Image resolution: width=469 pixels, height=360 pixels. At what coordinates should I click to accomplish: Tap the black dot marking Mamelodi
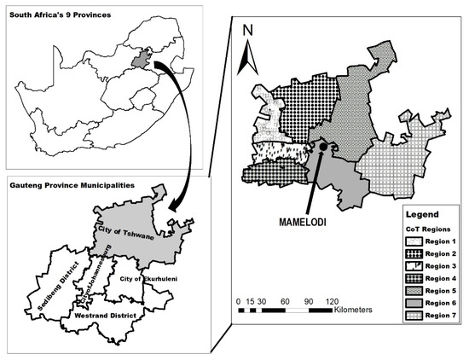pyautogui.click(x=325, y=148)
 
